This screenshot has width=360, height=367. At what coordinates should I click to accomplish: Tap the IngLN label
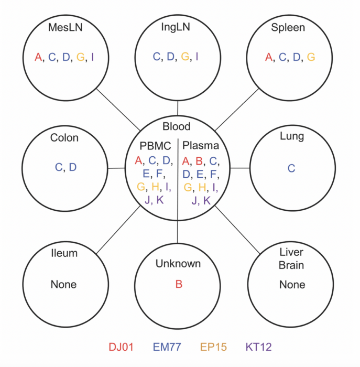tap(178, 27)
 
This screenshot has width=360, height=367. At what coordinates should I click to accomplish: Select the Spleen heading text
tap(288, 27)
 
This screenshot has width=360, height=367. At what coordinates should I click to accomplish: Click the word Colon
tap(64, 138)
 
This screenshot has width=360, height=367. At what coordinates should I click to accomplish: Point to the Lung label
tap(292, 137)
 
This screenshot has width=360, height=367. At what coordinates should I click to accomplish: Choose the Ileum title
tap(64, 253)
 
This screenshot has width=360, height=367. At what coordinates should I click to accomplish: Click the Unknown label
tap(178, 263)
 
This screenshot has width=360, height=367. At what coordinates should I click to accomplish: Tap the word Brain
tap(291, 265)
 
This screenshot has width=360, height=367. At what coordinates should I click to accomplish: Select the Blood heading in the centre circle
tap(177, 126)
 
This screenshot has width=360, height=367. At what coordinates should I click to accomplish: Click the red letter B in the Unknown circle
tap(179, 284)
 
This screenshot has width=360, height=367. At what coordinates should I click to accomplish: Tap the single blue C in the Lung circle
tap(291, 168)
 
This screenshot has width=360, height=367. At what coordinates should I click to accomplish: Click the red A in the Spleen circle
tap(269, 57)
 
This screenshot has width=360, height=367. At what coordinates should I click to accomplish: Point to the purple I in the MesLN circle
tap(92, 57)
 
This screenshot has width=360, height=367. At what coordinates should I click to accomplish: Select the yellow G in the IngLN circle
tap(185, 57)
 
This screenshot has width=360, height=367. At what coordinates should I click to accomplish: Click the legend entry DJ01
tap(122, 347)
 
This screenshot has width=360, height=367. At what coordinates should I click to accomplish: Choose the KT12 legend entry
tap(258, 347)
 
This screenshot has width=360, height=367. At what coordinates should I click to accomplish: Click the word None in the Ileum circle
tap(63, 284)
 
